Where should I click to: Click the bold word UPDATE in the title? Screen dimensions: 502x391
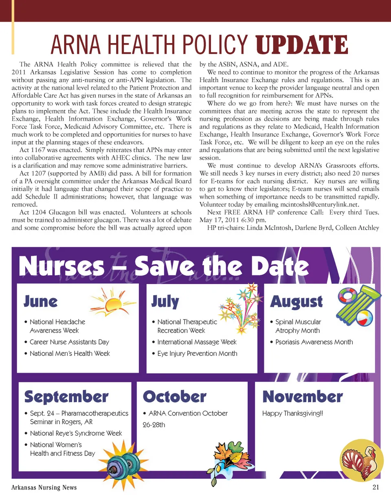coord(302,45)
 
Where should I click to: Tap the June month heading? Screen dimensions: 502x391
coord(41,302)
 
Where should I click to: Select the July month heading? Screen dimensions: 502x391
coord(165,302)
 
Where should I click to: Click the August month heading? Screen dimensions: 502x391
coord(297,302)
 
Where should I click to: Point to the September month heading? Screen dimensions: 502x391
coord(66,397)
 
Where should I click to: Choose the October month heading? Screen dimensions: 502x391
coord(175,397)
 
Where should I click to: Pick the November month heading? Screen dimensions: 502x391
coord(303,397)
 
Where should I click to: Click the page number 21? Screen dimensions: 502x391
coord(376,487)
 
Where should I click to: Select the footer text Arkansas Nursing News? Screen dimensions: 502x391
coord(44,487)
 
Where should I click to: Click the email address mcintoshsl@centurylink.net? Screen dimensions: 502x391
coord(324,204)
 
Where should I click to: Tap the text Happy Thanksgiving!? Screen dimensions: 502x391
coord(292,413)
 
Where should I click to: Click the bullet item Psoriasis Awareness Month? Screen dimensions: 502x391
coord(314,342)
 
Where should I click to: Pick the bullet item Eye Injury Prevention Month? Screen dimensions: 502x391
coord(197,353)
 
